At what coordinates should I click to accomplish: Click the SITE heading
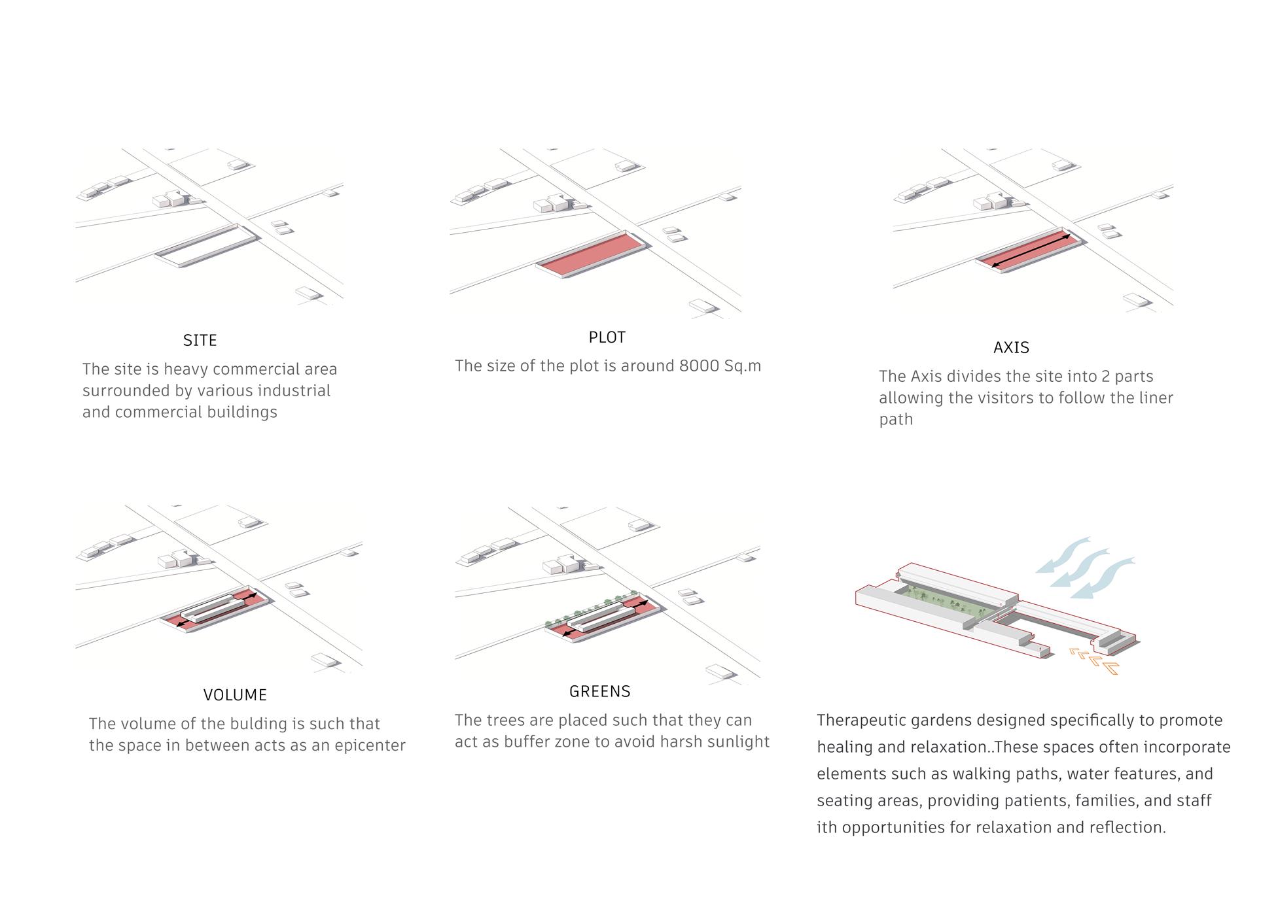click(200, 341)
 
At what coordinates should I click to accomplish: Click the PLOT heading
click(607, 337)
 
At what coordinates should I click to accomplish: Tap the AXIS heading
click(1011, 348)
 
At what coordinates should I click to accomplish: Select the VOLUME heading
click(235, 695)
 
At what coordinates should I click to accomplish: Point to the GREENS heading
click(600, 692)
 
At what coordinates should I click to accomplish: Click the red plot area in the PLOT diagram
click(592, 253)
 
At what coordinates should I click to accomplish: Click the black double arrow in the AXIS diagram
click(1031, 250)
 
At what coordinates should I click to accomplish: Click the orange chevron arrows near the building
click(1094, 659)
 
